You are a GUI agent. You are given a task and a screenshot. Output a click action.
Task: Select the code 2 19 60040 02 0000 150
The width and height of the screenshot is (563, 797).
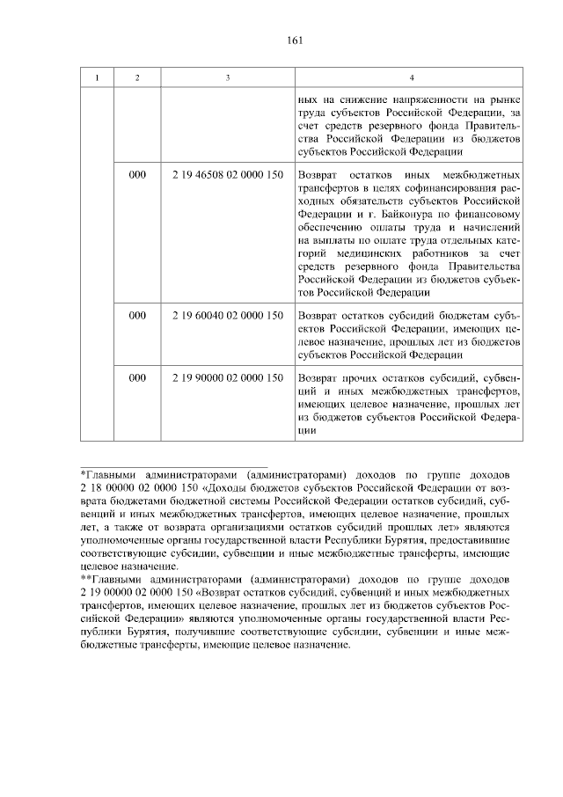tap(227, 314)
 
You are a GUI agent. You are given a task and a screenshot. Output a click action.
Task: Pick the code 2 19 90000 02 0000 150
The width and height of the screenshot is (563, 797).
tap(227, 377)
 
